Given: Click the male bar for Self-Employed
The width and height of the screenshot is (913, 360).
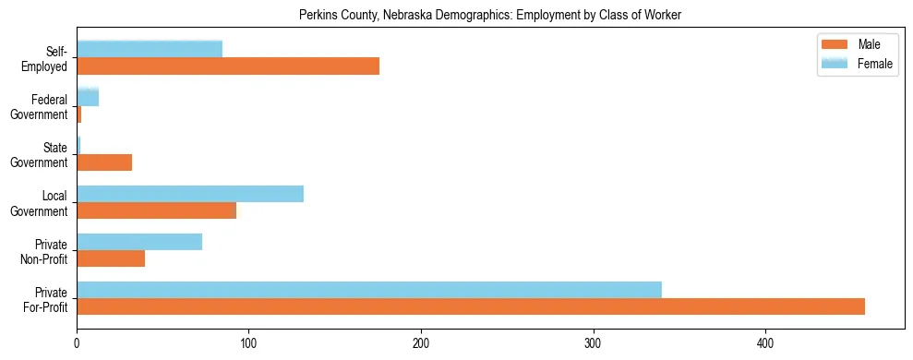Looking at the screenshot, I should coord(228,66).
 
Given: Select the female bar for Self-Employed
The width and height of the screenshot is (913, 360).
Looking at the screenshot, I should coord(150,49).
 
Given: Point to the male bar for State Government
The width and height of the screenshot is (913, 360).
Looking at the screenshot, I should coord(104,162).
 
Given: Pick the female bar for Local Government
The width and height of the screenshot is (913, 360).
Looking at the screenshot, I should coord(190,194).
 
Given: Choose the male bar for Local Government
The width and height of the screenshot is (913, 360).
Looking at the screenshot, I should coord(156,210).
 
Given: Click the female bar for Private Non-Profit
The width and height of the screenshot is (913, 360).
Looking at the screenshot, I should coord(139,242).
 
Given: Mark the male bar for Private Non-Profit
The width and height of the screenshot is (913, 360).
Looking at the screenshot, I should coord(111,259).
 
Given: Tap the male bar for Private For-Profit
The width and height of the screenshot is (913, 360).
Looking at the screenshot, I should coord(471,307).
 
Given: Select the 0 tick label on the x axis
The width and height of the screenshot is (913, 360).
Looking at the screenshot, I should coord(77,343).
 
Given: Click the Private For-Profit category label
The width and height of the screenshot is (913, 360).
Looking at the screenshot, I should coord(47,299).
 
